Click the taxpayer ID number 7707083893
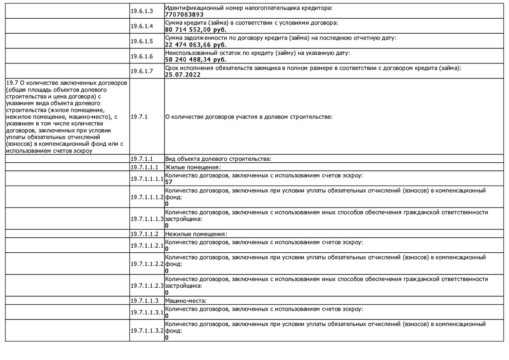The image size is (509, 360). [184, 15]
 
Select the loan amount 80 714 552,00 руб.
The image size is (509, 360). [196, 30]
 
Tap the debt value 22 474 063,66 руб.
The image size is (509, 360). [196, 44]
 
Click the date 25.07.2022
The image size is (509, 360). [183, 75]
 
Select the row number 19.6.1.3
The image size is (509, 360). [142, 11]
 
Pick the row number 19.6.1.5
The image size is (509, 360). [142, 41]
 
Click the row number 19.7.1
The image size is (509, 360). [139, 117]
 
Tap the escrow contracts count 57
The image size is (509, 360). [169, 182]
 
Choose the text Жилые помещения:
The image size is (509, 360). [193, 167]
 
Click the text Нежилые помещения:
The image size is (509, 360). [196, 234]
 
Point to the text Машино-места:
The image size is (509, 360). [186, 301]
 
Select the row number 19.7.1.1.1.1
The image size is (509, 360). [147, 179]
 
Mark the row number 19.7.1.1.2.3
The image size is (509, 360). [147, 286]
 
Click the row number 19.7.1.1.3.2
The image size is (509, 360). [147, 330]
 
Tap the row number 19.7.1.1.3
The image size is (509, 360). [145, 301]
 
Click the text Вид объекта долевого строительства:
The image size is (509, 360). [218, 159]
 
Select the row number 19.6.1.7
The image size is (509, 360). [142, 71]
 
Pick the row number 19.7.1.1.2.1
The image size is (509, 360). [147, 245]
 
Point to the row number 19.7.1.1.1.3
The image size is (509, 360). [147, 219]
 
